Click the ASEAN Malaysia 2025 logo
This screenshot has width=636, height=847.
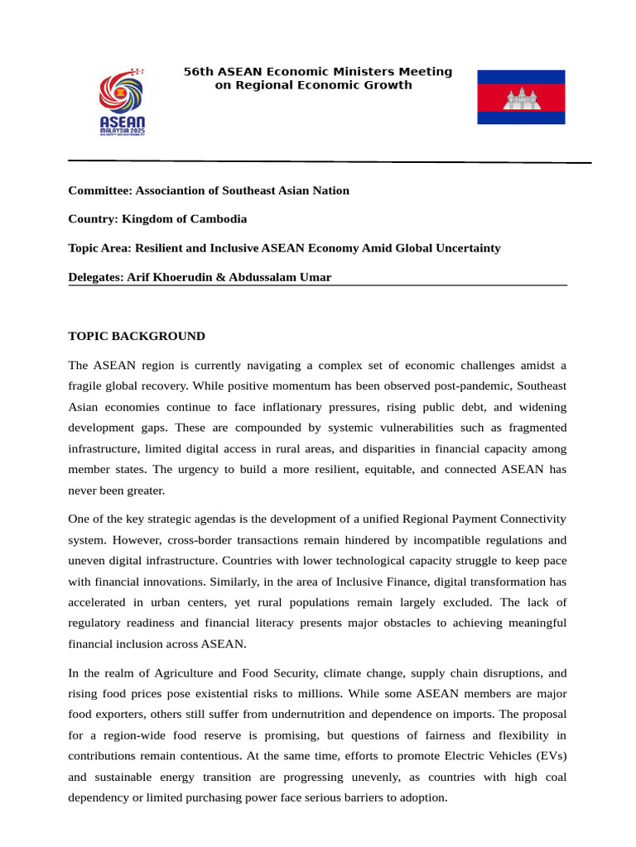click(x=122, y=103)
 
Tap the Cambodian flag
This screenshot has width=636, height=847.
click(x=521, y=98)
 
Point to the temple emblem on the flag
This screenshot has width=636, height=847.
click(x=521, y=98)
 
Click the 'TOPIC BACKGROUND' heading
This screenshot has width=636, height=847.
click(x=137, y=336)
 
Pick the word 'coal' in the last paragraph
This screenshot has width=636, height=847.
click(x=554, y=778)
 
